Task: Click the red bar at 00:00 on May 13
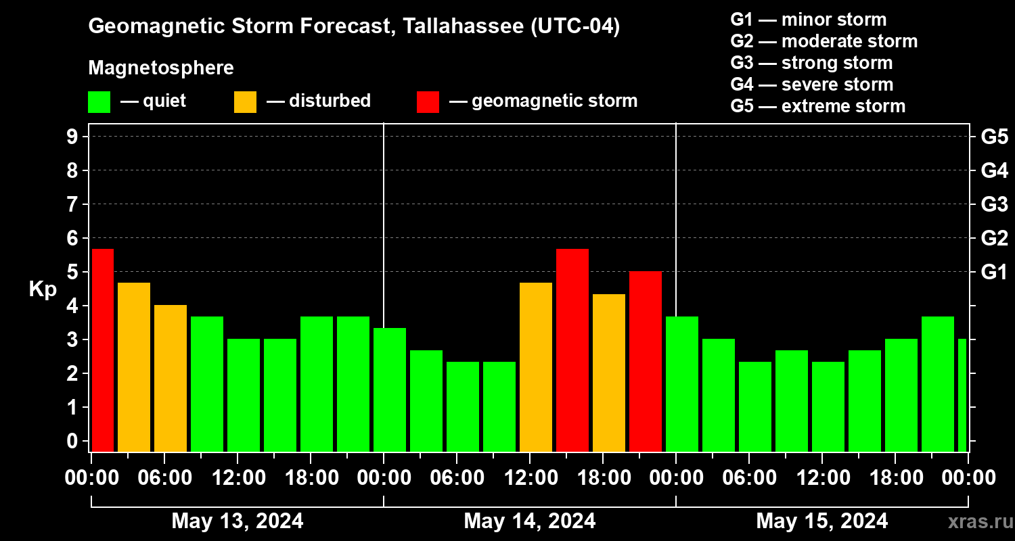tap(103, 350)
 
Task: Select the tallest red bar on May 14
tap(572, 350)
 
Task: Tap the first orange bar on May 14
tap(536, 367)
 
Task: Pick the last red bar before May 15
tap(646, 361)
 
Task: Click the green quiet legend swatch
tap(99, 101)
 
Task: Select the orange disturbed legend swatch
tap(245, 101)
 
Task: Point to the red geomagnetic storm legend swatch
tap(428, 101)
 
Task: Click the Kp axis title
tap(43, 289)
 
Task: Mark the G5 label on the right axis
tap(994, 137)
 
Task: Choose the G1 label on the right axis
tap(994, 273)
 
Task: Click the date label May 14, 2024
tap(530, 521)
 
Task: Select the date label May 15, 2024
tap(822, 521)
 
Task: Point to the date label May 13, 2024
tap(238, 521)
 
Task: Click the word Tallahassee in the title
tap(455, 27)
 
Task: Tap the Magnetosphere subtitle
tap(161, 68)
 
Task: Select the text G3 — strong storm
tap(811, 63)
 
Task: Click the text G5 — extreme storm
tap(817, 106)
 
